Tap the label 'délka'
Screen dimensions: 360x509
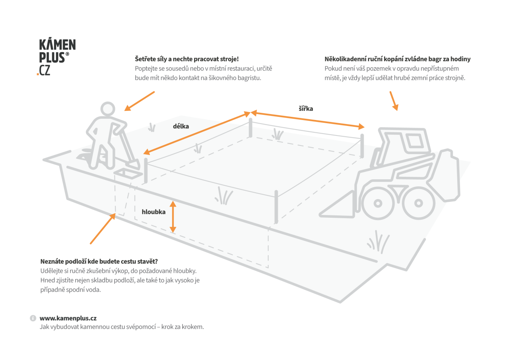181,126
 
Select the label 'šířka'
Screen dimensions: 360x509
306,108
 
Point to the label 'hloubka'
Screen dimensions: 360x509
153,212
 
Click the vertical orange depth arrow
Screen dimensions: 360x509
173,217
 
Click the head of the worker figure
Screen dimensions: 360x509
108,110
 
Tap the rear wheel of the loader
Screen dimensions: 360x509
418,203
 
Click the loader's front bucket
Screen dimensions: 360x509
338,207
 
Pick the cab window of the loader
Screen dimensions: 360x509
414,140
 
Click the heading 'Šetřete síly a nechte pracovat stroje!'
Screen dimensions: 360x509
187,59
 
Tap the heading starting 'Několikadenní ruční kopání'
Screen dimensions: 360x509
397,59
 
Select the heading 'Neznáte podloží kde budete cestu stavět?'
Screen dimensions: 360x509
99,261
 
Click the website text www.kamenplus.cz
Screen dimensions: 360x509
68,318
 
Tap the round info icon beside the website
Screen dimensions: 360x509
33,319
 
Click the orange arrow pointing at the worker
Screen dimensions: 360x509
139,101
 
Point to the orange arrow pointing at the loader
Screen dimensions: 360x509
393,101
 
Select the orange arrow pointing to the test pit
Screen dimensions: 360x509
103,229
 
